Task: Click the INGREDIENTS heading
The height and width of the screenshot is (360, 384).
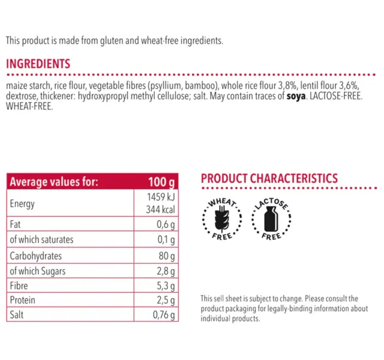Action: tap(38, 64)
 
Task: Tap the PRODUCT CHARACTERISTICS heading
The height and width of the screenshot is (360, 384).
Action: tap(269, 178)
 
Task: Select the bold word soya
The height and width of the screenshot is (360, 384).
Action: tap(296, 96)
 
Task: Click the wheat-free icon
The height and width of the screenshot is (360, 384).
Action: tap(222, 218)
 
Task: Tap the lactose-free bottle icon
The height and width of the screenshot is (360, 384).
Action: tap(271, 218)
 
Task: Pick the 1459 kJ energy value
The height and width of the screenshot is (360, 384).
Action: tap(161, 197)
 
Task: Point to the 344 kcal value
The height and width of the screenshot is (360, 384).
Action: tap(160, 209)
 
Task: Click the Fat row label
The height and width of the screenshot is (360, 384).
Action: tap(15, 224)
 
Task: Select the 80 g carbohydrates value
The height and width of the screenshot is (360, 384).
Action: tap(167, 256)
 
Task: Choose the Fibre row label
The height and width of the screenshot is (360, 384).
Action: tap(19, 286)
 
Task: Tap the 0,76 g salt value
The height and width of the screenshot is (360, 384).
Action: tap(164, 315)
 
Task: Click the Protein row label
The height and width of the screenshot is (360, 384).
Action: tap(23, 300)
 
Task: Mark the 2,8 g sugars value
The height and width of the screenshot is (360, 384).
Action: tap(166, 271)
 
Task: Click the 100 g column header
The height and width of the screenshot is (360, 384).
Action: tap(161, 182)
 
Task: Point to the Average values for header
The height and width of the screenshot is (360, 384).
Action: tap(54, 182)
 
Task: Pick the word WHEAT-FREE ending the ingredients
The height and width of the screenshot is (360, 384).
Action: tap(29, 106)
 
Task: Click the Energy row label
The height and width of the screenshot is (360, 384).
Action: tap(22, 204)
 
